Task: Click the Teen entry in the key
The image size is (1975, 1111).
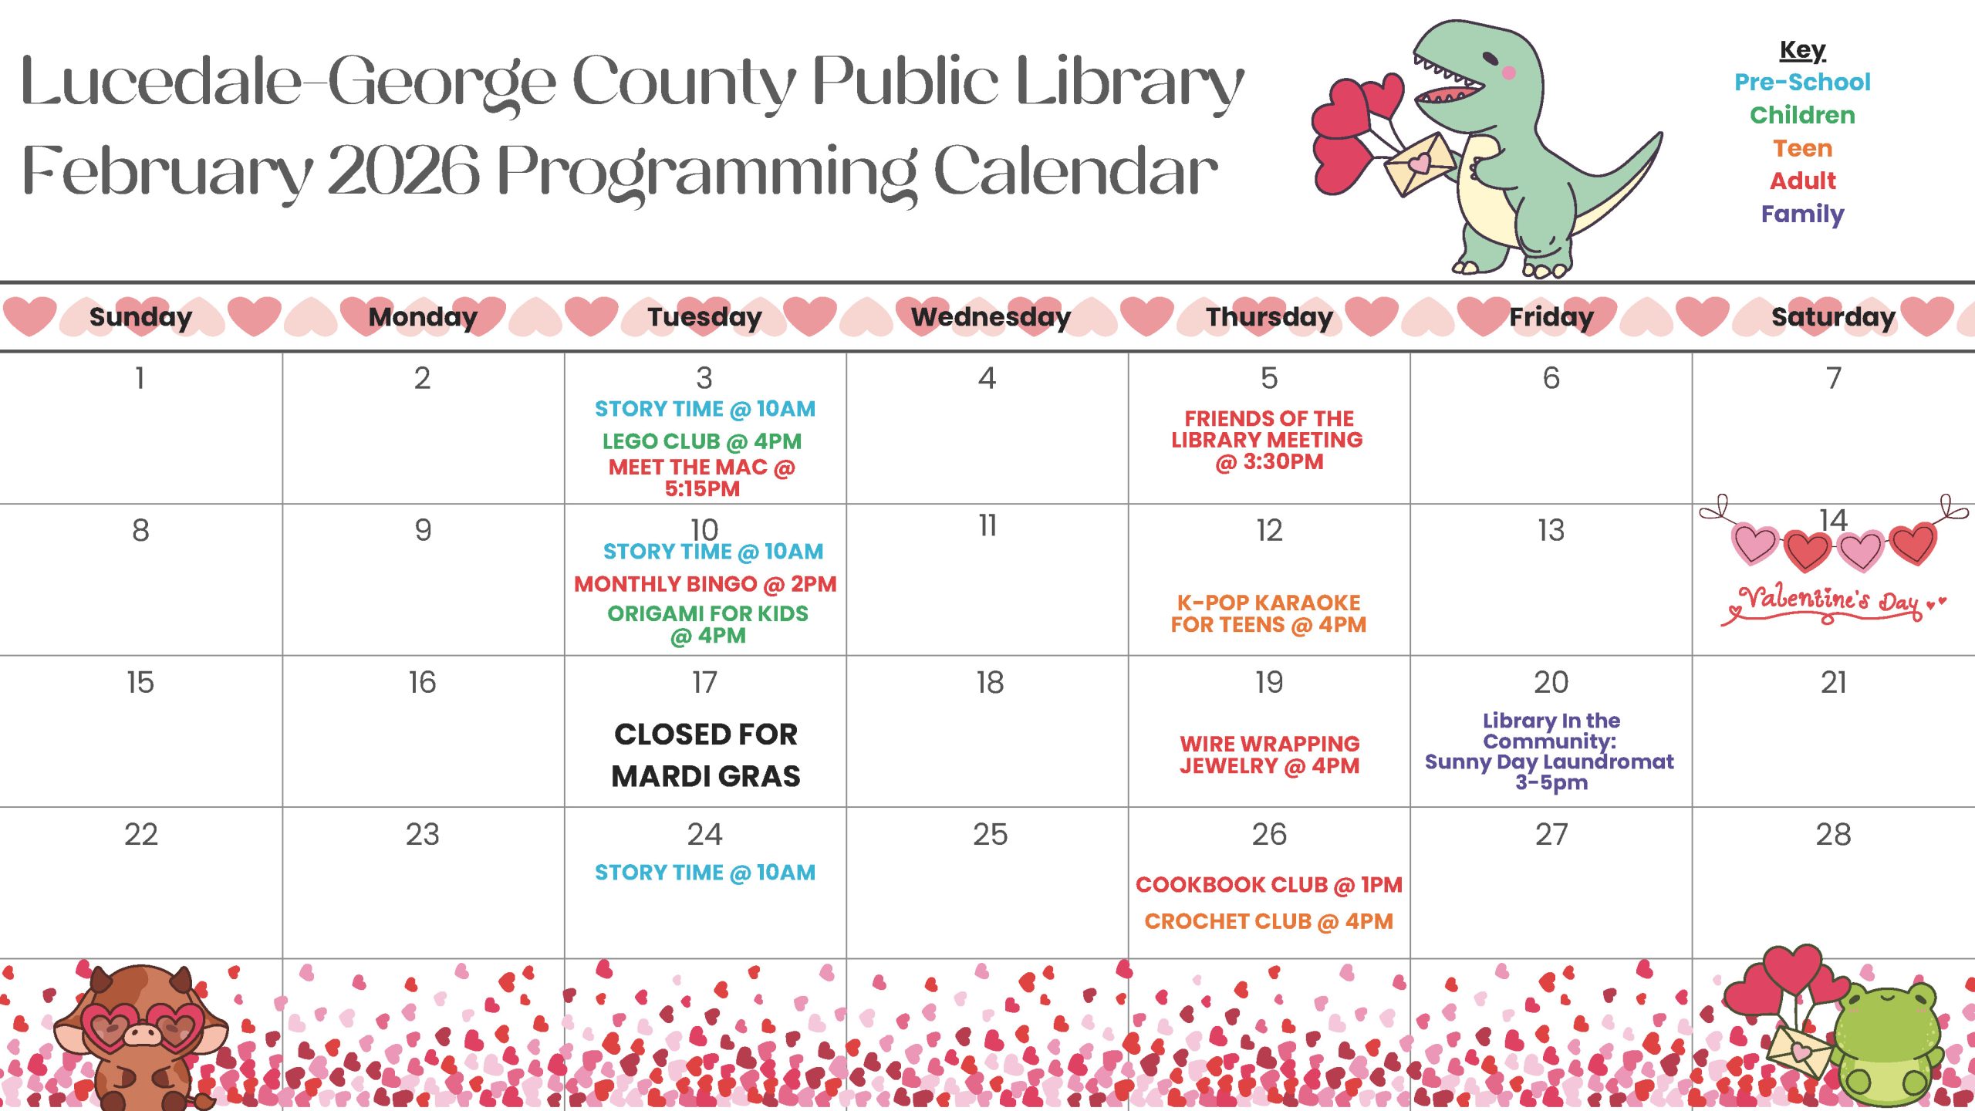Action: click(1802, 148)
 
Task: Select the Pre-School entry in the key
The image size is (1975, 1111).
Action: click(1802, 82)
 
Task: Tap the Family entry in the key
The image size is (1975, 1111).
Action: click(1802, 214)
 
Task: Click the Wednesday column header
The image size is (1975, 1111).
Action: click(991, 317)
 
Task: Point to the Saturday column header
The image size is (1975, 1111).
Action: click(1833, 317)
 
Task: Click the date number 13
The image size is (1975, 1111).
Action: click(1551, 530)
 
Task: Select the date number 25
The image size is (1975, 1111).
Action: click(990, 834)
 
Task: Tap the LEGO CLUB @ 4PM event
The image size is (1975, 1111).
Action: click(702, 441)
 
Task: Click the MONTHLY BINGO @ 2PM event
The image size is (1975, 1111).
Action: click(705, 584)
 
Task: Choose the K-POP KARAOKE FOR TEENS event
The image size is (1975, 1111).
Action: click(1268, 613)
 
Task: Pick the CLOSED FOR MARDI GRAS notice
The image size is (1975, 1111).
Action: click(705, 755)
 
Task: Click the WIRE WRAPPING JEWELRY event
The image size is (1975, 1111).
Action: click(1269, 755)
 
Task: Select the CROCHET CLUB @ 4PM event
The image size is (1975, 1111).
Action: click(1268, 921)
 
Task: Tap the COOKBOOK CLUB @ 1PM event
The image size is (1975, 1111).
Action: click(1268, 885)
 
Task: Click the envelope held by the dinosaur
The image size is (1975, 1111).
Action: click(1418, 164)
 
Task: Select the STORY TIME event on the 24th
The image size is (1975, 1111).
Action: click(705, 873)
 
